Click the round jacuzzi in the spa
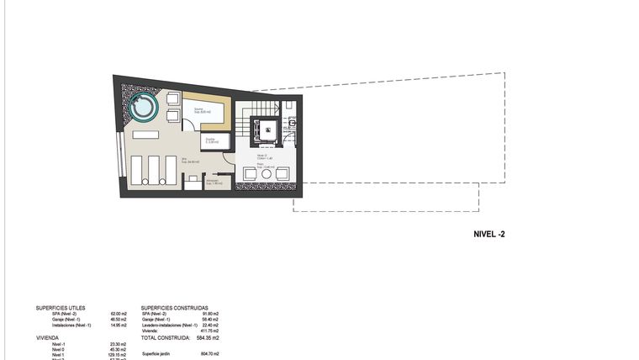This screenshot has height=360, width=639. point(142,109)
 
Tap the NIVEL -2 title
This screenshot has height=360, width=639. point(488,235)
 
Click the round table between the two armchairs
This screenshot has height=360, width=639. point(266,173)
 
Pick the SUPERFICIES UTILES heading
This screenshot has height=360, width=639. point(61,309)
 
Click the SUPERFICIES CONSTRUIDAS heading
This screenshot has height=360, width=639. point(175,309)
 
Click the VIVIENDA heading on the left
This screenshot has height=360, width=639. point(47,337)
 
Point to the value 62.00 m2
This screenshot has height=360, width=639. point(118,315)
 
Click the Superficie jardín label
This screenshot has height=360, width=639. point(157,354)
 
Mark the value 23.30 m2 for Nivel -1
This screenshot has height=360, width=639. point(118,344)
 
